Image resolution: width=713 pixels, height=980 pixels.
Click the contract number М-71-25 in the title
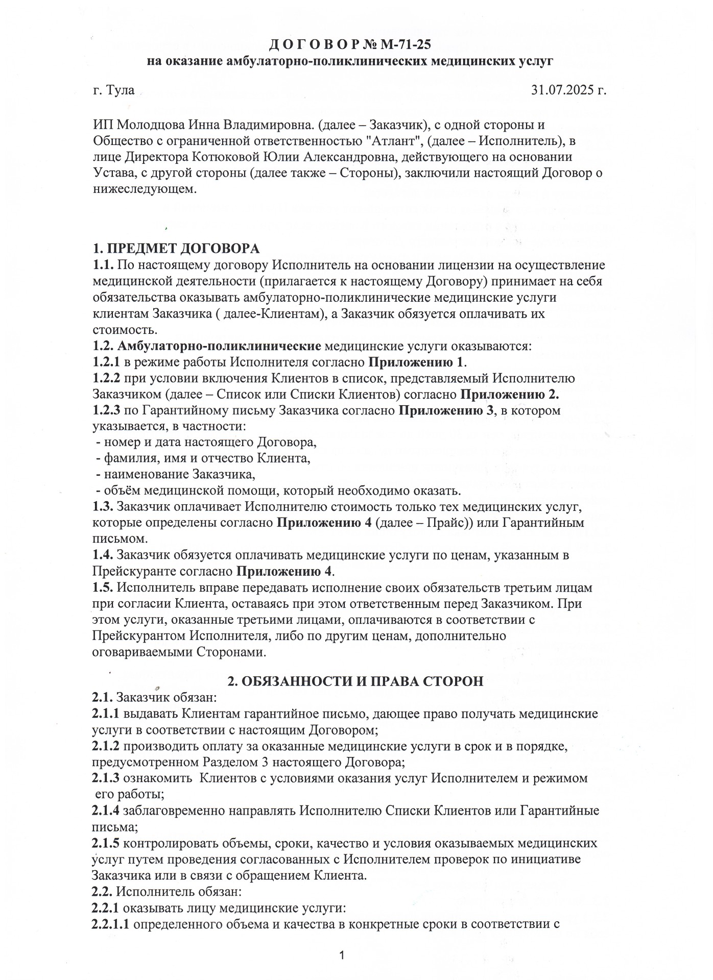click(406, 45)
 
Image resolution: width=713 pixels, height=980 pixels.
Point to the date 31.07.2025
click(562, 91)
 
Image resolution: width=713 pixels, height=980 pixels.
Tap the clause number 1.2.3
click(106, 411)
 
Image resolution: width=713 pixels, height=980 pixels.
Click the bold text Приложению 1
click(416, 363)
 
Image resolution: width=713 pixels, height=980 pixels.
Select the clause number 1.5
click(102, 587)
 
